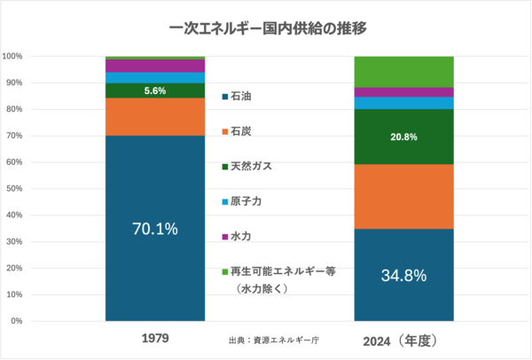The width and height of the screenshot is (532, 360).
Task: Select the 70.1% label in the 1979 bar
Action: click(x=155, y=229)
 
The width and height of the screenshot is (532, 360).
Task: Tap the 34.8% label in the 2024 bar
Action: click(x=404, y=275)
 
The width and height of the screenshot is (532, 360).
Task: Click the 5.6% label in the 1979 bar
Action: click(x=155, y=90)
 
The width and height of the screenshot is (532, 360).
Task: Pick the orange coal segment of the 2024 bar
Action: click(x=404, y=196)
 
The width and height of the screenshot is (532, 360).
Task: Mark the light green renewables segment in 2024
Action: click(x=404, y=72)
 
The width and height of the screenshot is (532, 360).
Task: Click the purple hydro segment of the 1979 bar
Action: click(x=155, y=66)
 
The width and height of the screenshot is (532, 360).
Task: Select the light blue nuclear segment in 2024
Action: click(x=404, y=103)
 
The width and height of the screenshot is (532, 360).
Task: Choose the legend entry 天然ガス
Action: click(x=248, y=167)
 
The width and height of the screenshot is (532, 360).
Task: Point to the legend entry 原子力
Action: click(x=244, y=201)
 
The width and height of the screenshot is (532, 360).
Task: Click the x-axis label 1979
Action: click(x=155, y=339)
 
